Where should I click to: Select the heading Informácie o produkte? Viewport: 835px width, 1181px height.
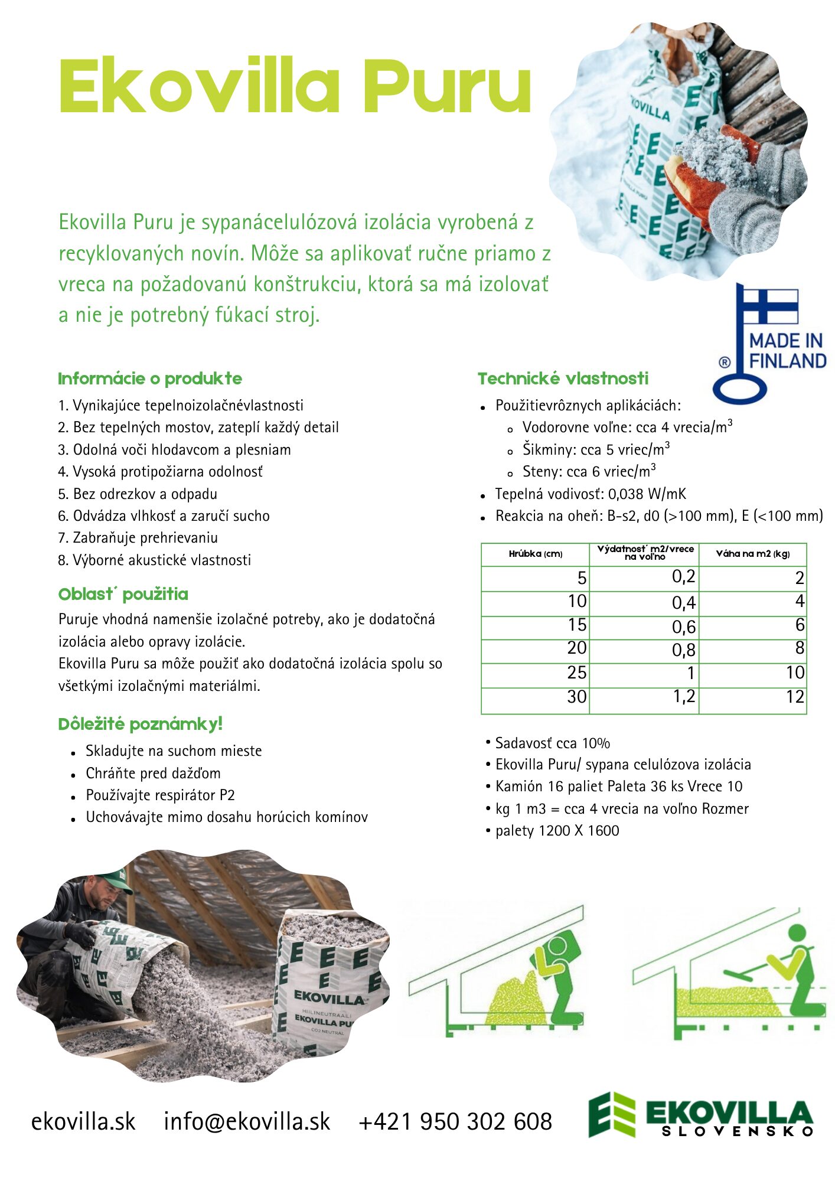[x=150, y=379]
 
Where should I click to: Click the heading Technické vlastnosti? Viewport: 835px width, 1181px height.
[x=563, y=379]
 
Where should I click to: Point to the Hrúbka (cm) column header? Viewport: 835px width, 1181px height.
[x=535, y=554]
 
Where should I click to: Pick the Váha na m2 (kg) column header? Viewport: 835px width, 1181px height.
[x=752, y=554]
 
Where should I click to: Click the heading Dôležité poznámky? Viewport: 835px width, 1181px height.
[x=140, y=724]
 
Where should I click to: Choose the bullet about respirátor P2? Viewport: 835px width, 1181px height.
[x=160, y=795]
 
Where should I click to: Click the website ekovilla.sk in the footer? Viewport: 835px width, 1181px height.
[x=83, y=1121]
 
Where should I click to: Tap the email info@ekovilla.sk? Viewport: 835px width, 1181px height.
[x=247, y=1121]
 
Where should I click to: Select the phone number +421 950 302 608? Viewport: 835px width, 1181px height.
[x=455, y=1121]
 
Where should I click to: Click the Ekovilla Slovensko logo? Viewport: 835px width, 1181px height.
[x=700, y=1115]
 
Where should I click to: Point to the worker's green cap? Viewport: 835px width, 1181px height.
[x=115, y=882]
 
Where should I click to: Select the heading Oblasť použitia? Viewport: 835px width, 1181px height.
[x=123, y=594]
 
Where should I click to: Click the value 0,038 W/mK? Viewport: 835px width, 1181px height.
[x=647, y=494]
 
